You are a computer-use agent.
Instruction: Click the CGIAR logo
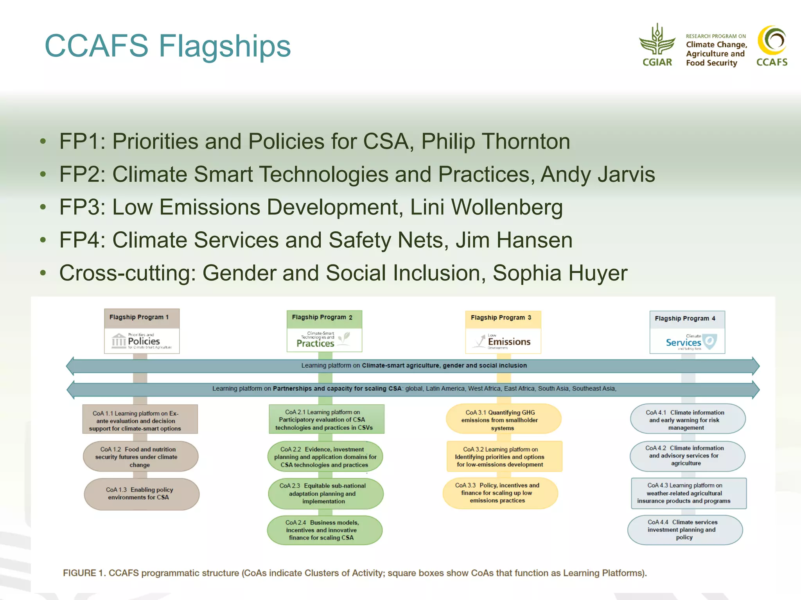tap(657, 45)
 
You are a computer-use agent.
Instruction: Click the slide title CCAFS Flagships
tap(168, 46)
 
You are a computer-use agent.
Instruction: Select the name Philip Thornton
tap(496, 141)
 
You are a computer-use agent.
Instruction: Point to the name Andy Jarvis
tap(597, 174)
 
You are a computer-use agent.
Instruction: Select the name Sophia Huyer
tap(560, 273)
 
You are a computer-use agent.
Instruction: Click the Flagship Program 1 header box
tap(142, 318)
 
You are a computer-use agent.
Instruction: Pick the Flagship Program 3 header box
tap(503, 318)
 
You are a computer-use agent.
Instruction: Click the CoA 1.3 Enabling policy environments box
tap(141, 494)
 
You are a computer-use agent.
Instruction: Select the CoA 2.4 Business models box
tap(324, 530)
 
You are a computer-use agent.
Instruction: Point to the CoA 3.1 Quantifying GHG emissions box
tap(503, 420)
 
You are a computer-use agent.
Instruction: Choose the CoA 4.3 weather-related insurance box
tap(688, 493)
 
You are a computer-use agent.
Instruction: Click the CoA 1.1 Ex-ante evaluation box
tap(140, 420)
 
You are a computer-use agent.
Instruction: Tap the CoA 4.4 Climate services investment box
tap(685, 530)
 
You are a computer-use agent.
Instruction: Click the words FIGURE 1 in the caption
tap(84, 573)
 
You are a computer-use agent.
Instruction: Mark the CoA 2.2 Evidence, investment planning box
tap(325, 457)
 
